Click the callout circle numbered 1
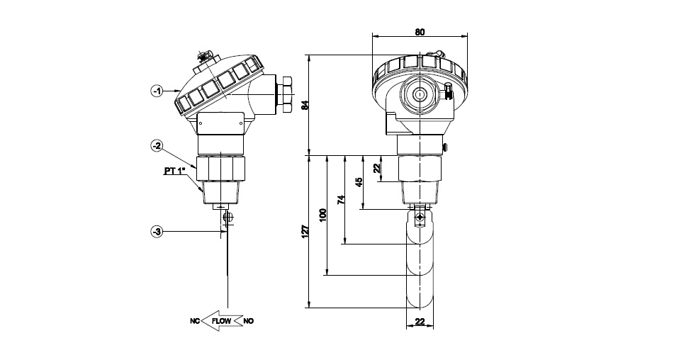(157, 91)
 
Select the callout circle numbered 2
(157, 146)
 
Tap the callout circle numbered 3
(157, 232)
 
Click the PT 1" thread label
(174, 171)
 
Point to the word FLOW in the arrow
(221, 321)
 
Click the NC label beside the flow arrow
(195, 321)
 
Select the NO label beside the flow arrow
(249, 321)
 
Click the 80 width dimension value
(420, 32)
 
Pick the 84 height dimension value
(305, 106)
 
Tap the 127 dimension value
(305, 232)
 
